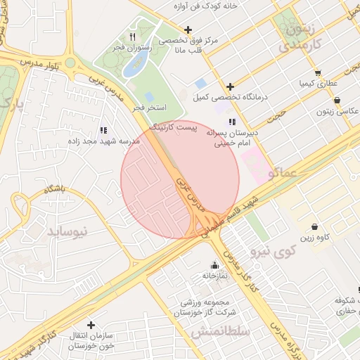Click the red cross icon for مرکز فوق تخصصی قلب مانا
click(187, 30)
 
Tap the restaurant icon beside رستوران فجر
click(132, 37)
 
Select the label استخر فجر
click(149, 108)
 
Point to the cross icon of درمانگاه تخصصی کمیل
click(230, 86)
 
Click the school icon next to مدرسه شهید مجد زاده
click(103, 130)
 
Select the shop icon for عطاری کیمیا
click(318, 72)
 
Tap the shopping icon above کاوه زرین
click(313, 226)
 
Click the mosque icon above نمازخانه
click(214, 265)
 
